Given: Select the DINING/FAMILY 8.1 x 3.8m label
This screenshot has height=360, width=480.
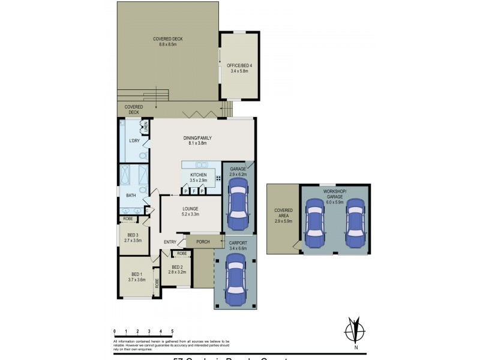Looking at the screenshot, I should click(197, 140).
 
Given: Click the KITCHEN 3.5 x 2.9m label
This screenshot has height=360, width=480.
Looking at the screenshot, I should click(198, 177).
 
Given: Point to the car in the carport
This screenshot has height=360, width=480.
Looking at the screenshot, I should click(235, 280).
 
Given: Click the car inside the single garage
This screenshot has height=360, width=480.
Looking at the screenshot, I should click(238, 206).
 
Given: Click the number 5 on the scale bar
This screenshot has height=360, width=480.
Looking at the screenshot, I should click(172, 331).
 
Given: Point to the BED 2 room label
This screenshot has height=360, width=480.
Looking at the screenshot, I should click(178, 269).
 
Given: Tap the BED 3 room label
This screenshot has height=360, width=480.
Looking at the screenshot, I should click(133, 237).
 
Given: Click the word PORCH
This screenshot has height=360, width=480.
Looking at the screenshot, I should click(203, 242).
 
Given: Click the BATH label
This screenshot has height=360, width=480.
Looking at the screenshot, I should click(130, 196).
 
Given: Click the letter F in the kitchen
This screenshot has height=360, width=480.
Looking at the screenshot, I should click(194, 191).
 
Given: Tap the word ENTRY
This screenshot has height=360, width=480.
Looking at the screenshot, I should click(170, 242).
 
